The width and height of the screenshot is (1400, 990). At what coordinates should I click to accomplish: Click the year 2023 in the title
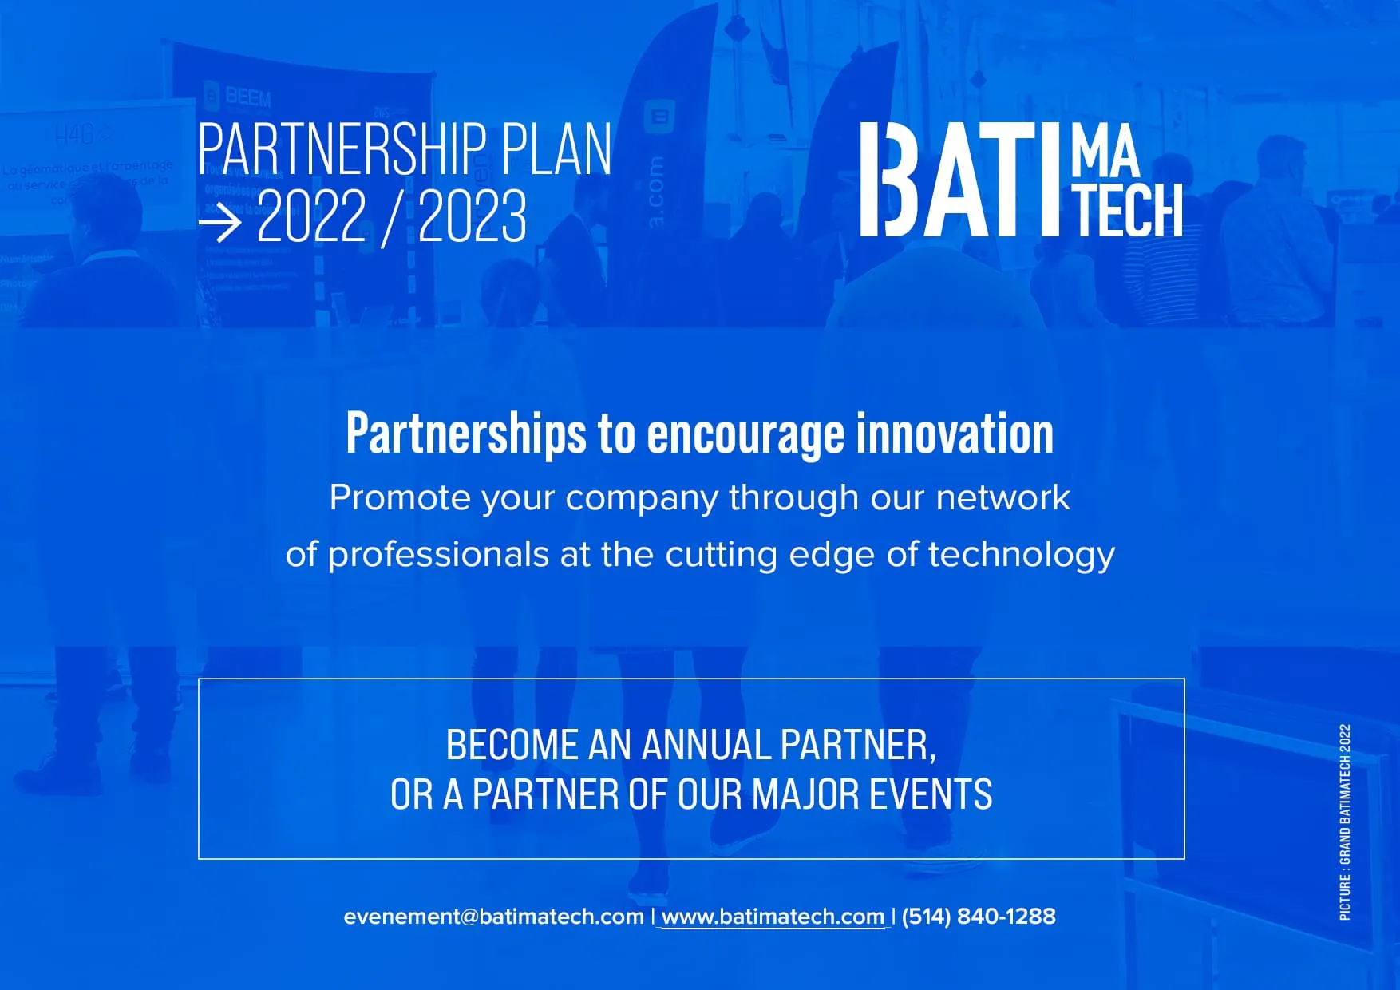point(473,216)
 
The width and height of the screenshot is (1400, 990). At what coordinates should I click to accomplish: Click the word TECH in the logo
point(1127,209)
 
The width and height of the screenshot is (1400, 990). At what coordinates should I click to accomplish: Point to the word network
point(1003,497)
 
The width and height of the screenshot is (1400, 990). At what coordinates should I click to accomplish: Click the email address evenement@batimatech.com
point(494,917)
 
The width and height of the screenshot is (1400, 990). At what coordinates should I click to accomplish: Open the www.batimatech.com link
point(773,917)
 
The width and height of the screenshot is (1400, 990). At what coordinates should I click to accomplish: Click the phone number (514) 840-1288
point(979,916)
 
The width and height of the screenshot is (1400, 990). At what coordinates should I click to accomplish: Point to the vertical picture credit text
point(1346,822)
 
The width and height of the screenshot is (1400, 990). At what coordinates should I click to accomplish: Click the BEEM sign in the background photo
point(248,97)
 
